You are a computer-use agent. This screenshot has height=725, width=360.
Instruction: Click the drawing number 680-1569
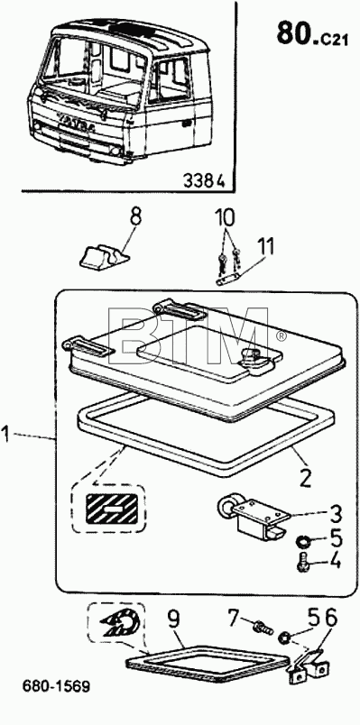(x=56, y=686)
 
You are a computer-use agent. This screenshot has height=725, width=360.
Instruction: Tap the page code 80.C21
(x=312, y=33)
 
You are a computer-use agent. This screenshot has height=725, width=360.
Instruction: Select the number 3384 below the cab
(x=204, y=180)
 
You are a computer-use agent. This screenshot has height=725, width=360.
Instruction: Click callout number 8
(x=134, y=216)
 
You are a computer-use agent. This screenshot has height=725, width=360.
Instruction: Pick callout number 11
(x=265, y=247)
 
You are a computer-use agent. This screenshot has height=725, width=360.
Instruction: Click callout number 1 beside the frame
(x=5, y=436)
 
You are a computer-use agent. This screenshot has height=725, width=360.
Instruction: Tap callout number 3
(x=333, y=513)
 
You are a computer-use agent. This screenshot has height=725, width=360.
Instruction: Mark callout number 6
(x=331, y=619)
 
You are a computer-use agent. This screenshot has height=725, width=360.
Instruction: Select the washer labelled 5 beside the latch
(x=303, y=539)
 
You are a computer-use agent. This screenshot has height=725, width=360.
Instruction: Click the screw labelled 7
(x=262, y=628)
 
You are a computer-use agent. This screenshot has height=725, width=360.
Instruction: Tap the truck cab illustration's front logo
(x=76, y=124)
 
